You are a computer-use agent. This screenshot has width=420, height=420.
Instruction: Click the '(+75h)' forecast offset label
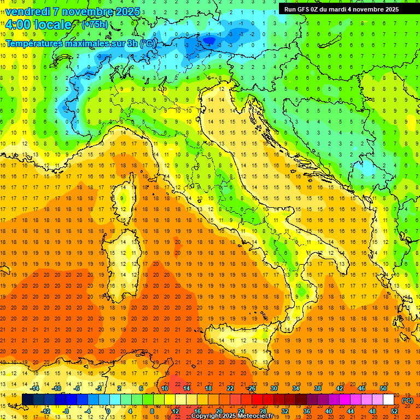94,25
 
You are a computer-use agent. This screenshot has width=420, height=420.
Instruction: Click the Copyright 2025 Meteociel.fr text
236,416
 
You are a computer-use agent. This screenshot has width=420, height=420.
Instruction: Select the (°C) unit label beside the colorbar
407,400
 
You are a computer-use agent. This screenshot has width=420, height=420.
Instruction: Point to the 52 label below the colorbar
394,411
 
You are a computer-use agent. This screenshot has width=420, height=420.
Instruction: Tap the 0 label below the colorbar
108,411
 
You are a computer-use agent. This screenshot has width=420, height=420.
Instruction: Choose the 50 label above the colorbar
383,388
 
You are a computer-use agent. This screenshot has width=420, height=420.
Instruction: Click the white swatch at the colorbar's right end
388,400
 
